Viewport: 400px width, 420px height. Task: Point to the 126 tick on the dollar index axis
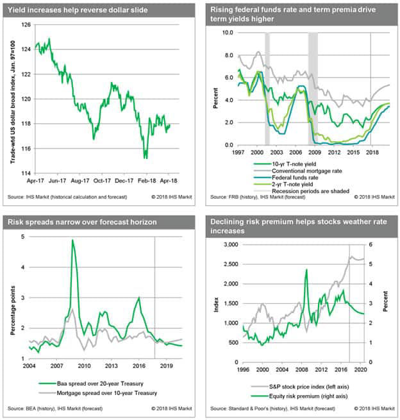[25, 25]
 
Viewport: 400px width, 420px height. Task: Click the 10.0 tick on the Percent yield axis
[226, 31]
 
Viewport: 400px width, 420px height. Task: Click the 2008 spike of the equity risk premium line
[306, 270]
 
